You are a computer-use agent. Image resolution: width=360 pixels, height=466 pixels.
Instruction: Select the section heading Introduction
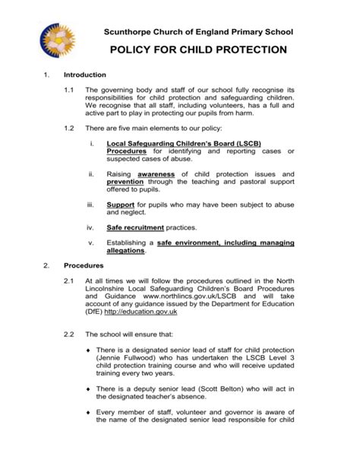click(84, 75)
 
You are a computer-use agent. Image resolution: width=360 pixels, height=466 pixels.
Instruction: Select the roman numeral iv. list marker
click(91, 227)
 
